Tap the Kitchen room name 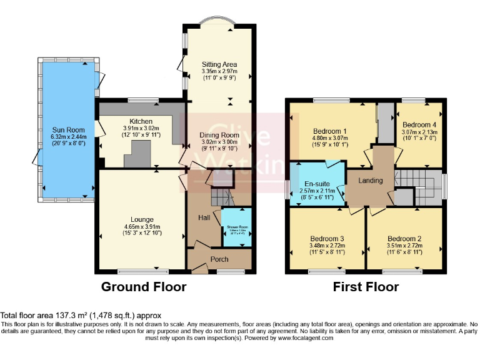point(141,121)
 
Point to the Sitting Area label point(219,64)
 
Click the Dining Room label point(219,135)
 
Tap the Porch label point(219,259)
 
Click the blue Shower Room point(237,229)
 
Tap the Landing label point(370,181)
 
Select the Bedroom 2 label point(404,239)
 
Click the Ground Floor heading point(144,287)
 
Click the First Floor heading point(366,287)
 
